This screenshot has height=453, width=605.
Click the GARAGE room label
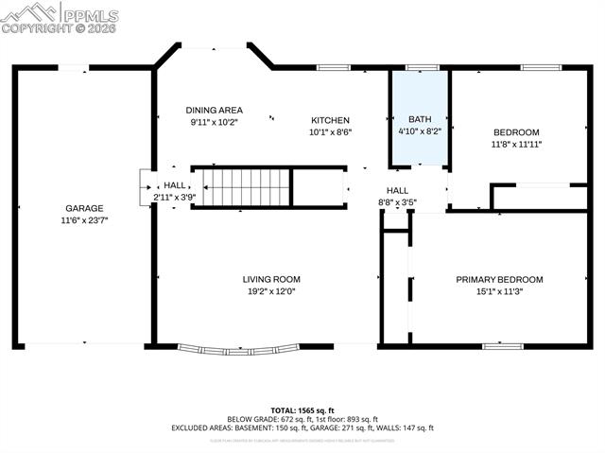(x=84, y=208)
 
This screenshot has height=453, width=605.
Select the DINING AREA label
(x=214, y=111)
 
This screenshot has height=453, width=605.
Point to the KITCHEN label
(x=331, y=120)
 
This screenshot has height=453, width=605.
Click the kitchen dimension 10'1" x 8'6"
(x=331, y=132)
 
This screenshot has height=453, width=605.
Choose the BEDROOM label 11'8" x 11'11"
(x=515, y=132)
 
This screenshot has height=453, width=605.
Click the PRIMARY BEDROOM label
(x=499, y=279)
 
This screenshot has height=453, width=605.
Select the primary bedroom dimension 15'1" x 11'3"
(x=499, y=291)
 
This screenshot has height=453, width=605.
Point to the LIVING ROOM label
(x=271, y=279)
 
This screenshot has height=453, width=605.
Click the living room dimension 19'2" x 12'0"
(x=271, y=291)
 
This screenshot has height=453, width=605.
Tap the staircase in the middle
(x=240, y=186)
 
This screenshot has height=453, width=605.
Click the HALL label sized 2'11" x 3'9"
(x=175, y=185)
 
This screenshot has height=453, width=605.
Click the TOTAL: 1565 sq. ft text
(x=302, y=409)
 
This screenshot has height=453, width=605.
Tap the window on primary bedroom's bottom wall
(x=503, y=346)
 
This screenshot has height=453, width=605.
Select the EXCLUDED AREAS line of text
(x=302, y=427)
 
